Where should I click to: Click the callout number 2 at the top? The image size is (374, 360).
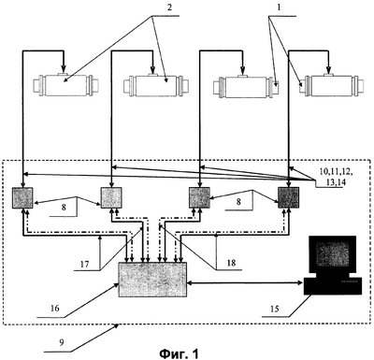[x=169, y=7]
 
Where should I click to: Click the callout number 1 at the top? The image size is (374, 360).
[x=279, y=7]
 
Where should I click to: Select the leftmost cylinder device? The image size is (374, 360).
[x=66, y=83]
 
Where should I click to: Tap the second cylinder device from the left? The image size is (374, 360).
[x=156, y=84]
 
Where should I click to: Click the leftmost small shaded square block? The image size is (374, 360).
[x=22, y=197]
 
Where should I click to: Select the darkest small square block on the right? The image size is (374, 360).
[x=289, y=197]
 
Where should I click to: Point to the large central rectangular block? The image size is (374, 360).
[x=152, y=280]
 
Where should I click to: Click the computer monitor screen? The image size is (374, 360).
[x=333, y=253]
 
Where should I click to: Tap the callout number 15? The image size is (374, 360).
[x=275, y=309]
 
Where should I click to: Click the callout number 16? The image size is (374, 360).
[x=55, y=309]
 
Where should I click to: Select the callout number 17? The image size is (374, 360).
[x=84, y=265]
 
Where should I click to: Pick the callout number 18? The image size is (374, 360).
[x=231, y=263]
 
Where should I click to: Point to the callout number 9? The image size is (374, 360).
[x=62, y=342]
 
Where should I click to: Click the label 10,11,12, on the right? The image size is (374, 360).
[x=337, y=172]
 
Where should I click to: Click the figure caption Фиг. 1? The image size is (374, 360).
[x=179, y=353]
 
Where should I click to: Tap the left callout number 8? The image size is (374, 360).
[x=64, y=208]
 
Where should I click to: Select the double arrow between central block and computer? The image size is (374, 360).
[x=245, y=283]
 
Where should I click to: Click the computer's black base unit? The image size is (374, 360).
[x=333, y=286]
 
